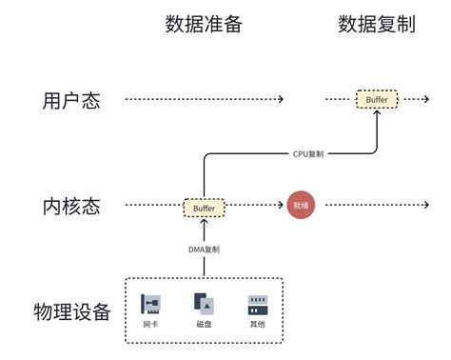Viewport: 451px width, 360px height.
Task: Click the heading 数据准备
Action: (204, 24)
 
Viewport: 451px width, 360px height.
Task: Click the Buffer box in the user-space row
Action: (378, 99)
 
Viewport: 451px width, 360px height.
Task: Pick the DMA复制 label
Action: (204, 250)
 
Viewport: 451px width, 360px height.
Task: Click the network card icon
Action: (150, 304)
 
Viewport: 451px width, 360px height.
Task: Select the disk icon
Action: (204, 304)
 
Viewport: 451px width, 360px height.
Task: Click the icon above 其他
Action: (257, 304)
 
